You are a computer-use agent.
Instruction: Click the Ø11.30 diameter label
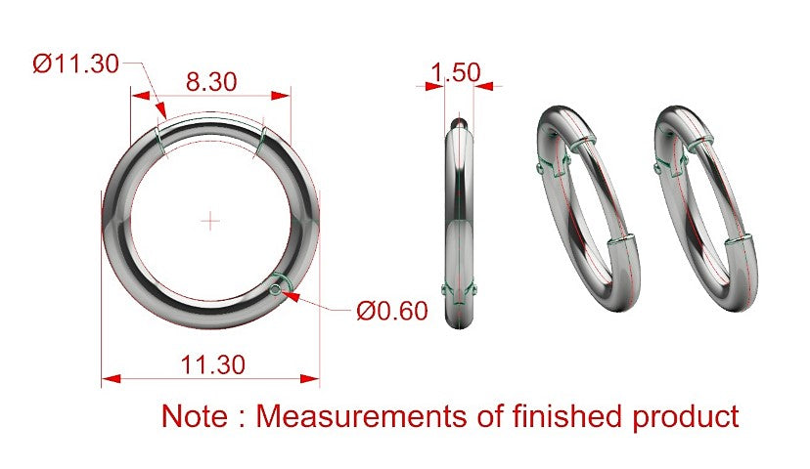76,64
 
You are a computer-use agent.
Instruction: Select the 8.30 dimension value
211,81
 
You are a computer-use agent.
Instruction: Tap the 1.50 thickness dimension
455,72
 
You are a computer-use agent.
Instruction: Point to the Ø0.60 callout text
392,311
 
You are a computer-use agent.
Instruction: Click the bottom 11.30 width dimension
213,364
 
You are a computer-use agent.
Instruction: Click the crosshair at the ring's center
210,222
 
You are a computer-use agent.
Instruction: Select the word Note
195,416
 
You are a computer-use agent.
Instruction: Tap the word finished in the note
566,416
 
